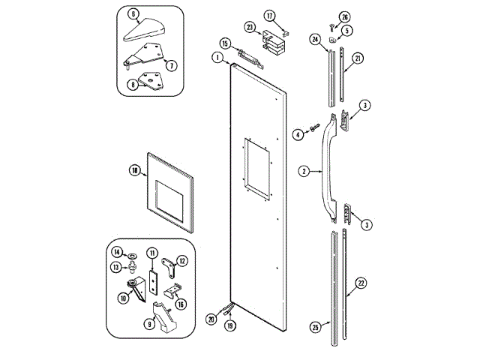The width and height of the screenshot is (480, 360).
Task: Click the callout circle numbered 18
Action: (134, 171)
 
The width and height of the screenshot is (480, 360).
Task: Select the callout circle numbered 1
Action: (217, 58)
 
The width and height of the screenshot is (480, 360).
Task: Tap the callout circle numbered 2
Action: (304, 171)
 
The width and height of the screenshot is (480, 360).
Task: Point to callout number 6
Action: (132, 13)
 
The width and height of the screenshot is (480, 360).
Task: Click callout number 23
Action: (250, 27)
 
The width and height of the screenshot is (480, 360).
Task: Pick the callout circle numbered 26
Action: (344, 16)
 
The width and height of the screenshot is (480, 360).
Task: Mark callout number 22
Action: (361, 283)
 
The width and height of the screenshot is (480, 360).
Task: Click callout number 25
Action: (315, 326)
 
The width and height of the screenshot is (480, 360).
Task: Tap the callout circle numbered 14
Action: (118, 251)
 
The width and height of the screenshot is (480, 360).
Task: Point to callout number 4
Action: (298, 135)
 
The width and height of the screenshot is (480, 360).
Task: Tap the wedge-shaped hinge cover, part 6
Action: (146, 31)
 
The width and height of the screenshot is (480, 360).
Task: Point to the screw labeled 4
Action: (313, 134)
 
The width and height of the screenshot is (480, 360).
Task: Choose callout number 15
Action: (224, 43)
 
